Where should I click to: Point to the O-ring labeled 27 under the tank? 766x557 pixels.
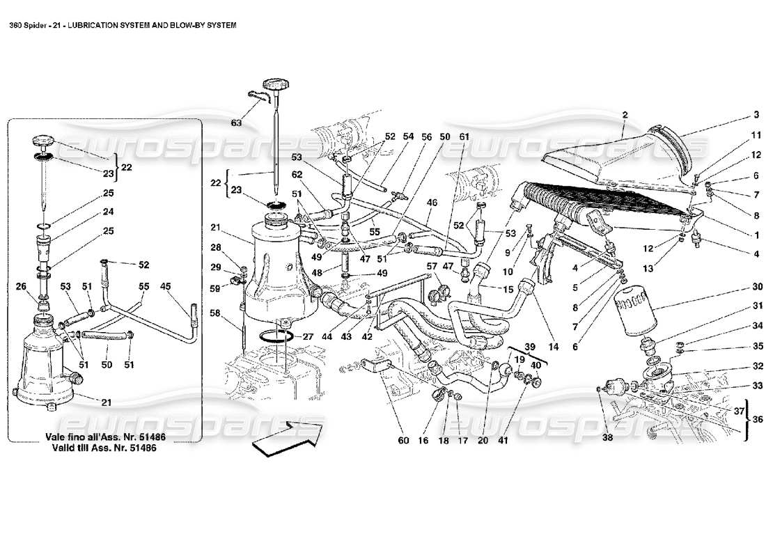(276, 337)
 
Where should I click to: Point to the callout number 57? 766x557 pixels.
(432, 265)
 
